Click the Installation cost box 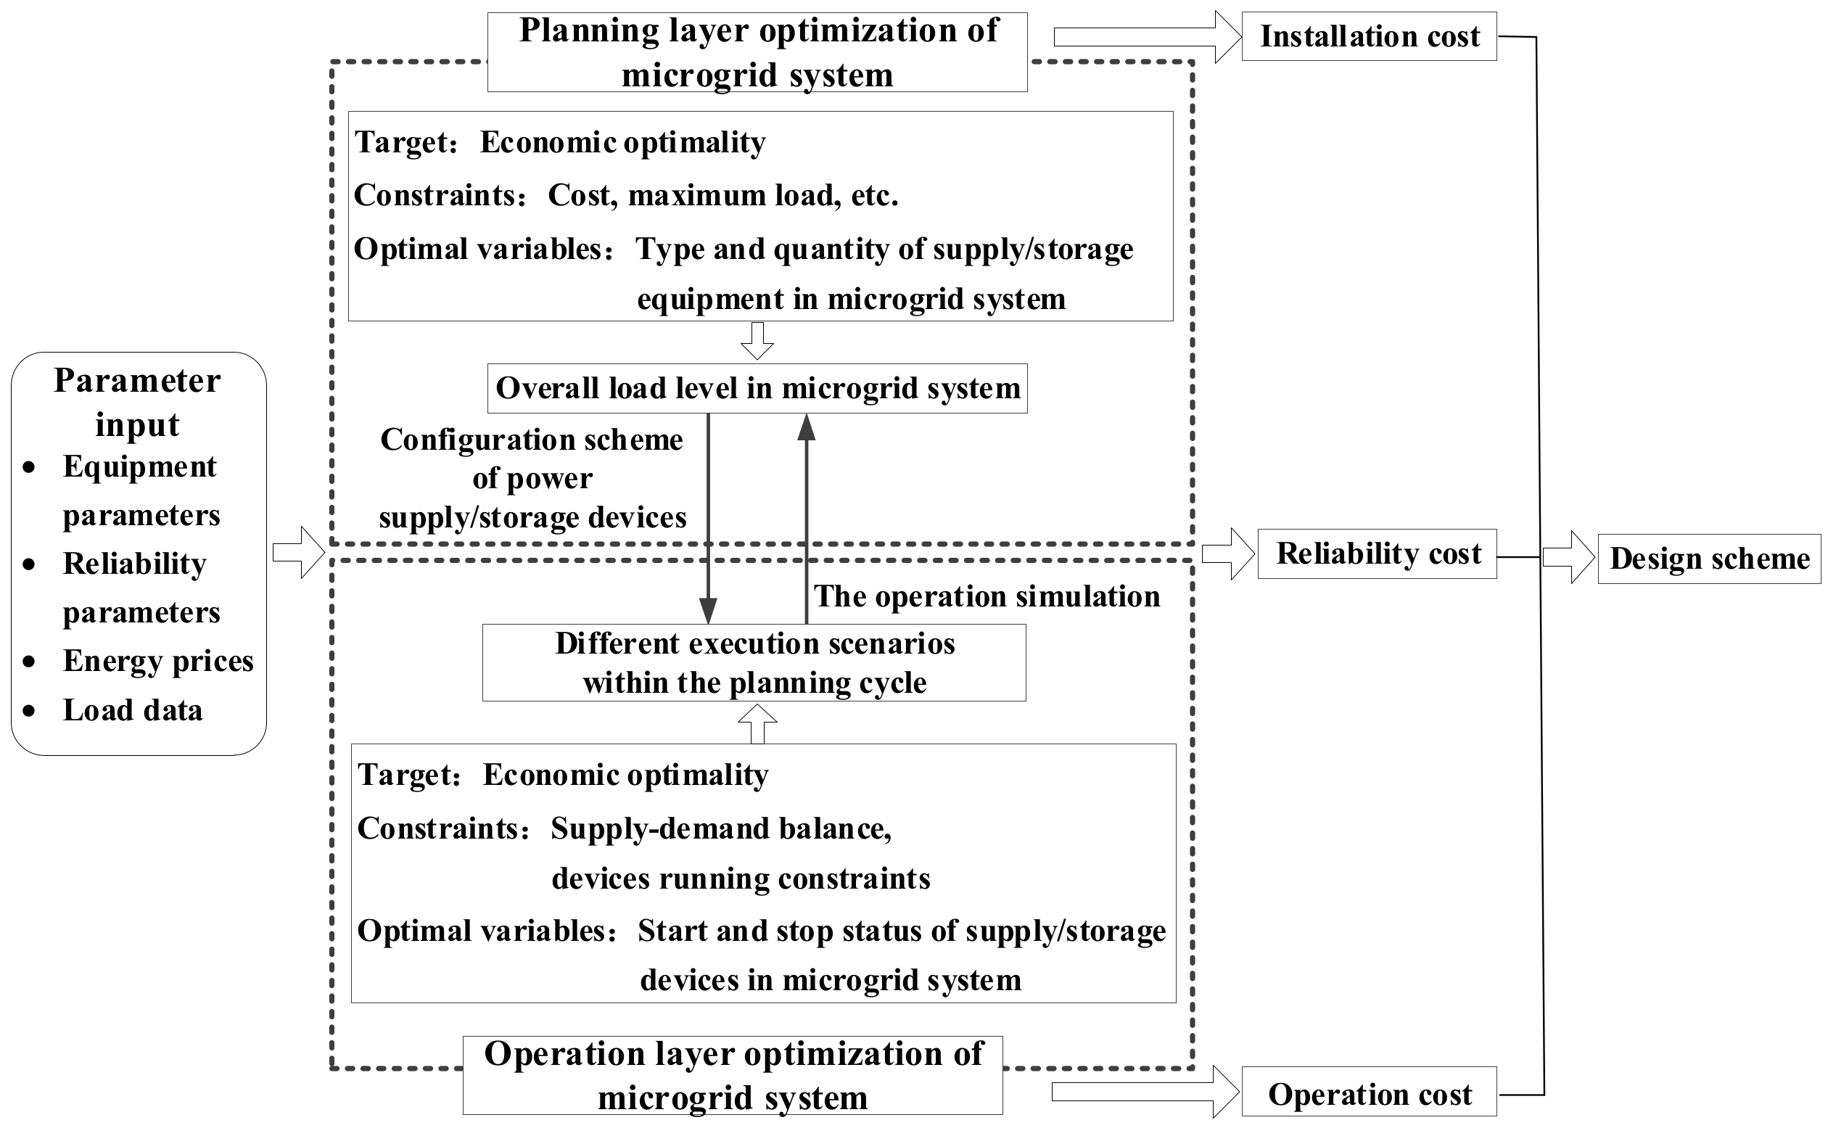(1368, 36)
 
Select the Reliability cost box (1377, 553)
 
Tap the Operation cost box (1368, 1094)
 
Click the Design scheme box (1708, 559)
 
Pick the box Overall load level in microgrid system (757, 388)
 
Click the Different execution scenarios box (754, 663)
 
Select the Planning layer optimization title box (757, 52)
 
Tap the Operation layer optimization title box (732, 1075)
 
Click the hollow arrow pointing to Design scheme (1568, 557)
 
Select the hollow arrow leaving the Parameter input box (298, 553)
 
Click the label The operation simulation (987, 596)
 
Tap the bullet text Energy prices (158, 661)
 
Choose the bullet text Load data (132, 710)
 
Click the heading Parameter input (138, 402)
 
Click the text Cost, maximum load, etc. (722, 195)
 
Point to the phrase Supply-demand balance (720, 828)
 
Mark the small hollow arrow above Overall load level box (757, 342)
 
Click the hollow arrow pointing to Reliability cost (1227, 553)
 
